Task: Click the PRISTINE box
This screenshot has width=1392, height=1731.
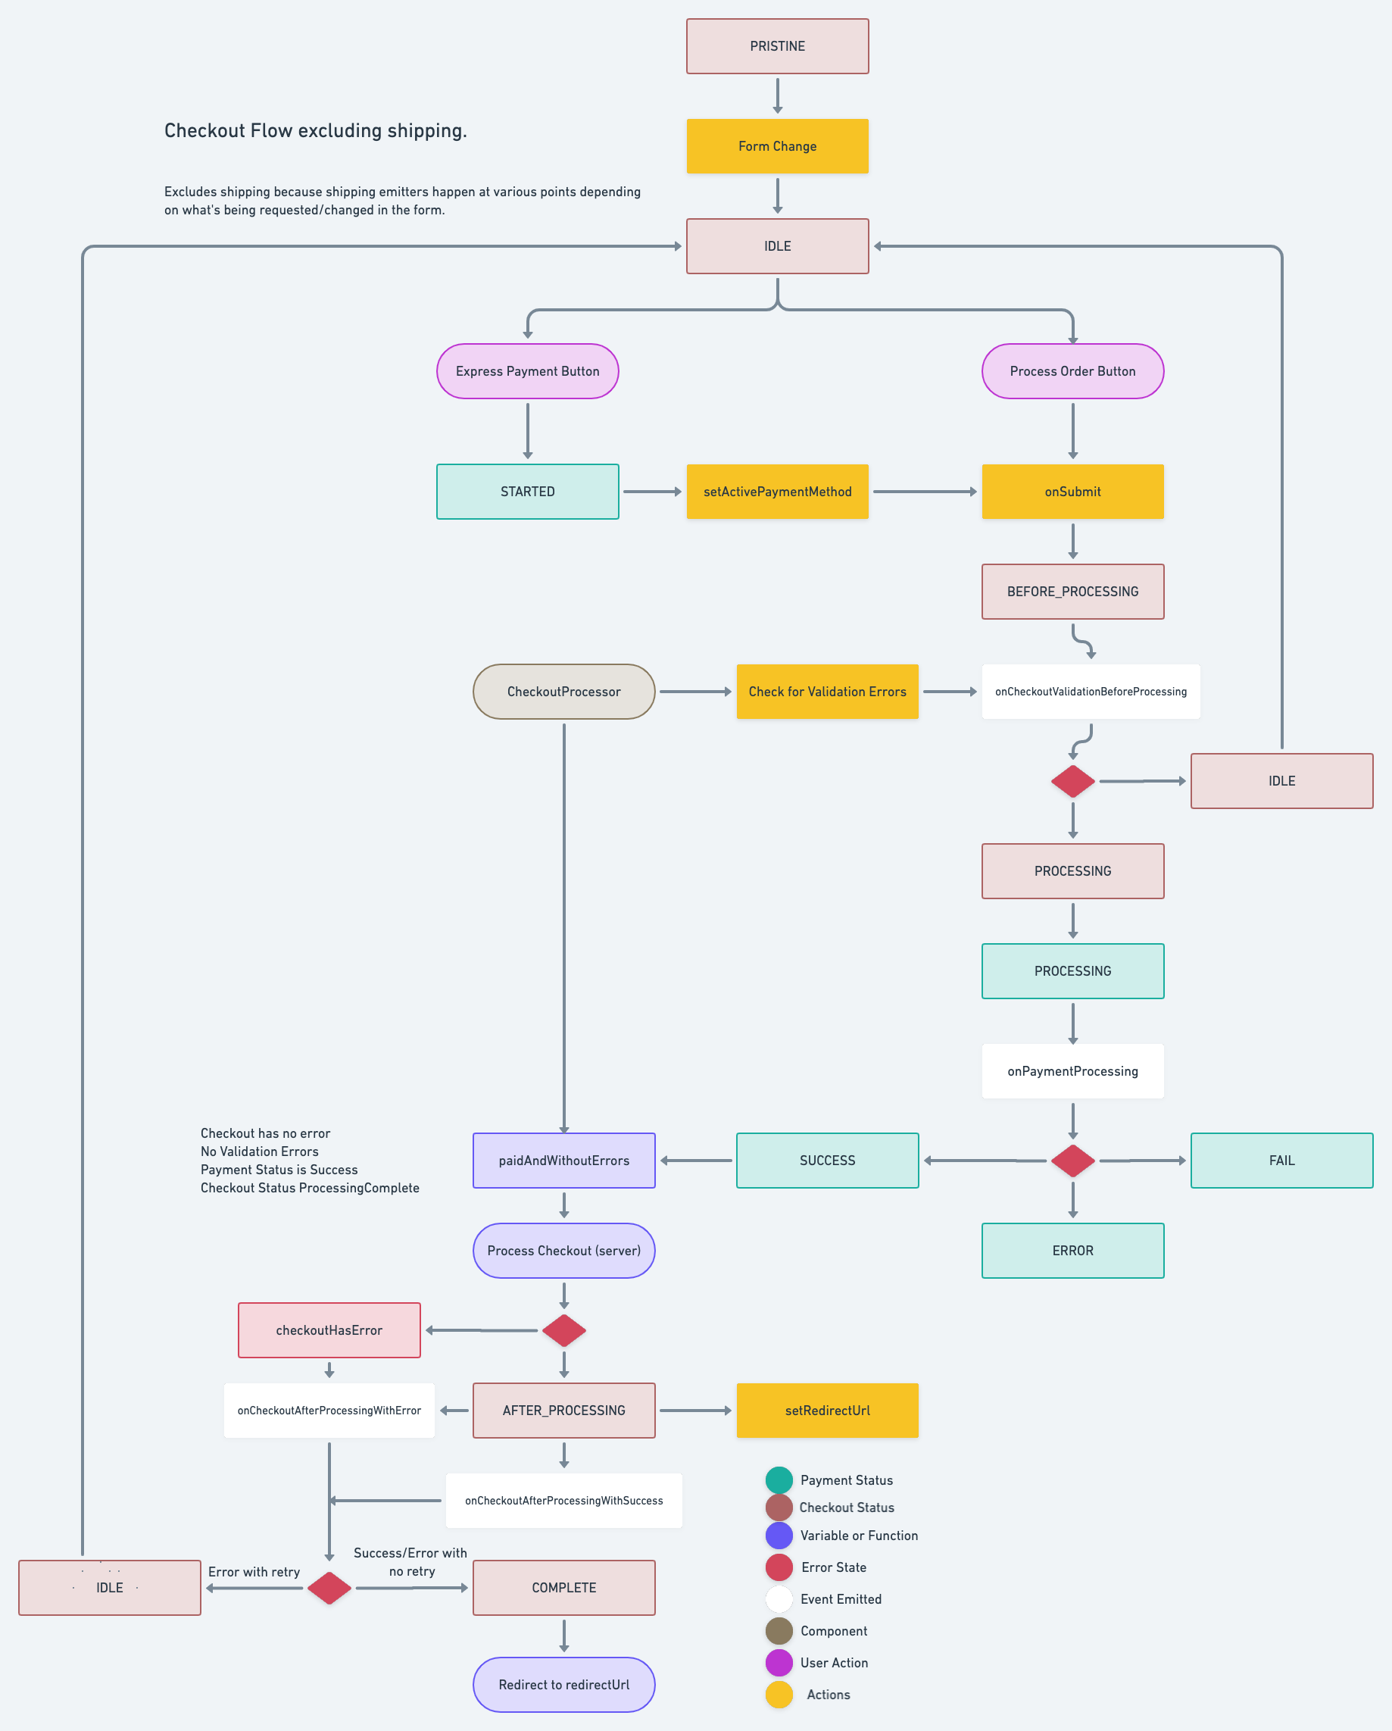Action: (777, 46)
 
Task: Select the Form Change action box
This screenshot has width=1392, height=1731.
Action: (777, 146)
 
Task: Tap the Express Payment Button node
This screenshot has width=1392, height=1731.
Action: (527, 371)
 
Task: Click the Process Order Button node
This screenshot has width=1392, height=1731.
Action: (1072, 371)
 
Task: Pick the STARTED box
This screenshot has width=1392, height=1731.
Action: (527, 492)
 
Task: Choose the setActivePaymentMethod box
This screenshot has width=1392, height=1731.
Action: (777, 492)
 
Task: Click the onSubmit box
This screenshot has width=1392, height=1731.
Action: (1072, 492)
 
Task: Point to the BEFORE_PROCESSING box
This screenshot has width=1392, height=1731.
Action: (1072, 592)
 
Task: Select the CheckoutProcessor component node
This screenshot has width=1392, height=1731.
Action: (563, 692)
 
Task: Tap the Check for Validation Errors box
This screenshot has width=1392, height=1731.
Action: (827, 692)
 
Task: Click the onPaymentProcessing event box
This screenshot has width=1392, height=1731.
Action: (1072, 1071)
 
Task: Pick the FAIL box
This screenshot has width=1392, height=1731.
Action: (1281, 1160)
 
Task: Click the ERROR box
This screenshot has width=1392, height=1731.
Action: (1072, 1251)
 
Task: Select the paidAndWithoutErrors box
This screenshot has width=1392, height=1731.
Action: (563, 1160)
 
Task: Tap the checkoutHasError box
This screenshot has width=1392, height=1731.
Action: (329, 1330)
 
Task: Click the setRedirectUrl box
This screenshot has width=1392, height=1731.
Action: (827, 1411)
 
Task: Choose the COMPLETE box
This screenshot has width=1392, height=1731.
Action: (563, 1588)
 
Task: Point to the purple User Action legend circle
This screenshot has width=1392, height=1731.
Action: (779, 1663)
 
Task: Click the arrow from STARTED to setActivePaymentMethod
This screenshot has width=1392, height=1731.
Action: (653, 492)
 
